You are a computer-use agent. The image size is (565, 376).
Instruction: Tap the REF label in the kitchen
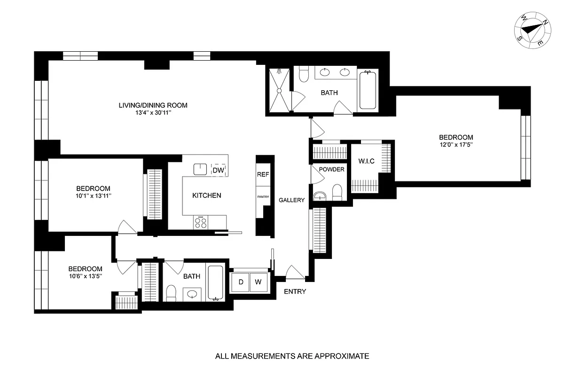[263, 174]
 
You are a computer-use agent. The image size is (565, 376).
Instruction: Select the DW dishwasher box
[218, 170]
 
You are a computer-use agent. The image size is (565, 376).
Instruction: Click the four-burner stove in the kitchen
[201, 222]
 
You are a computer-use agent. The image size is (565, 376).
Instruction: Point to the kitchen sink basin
[200, 169]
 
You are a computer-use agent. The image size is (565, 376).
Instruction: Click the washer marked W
[258, 282]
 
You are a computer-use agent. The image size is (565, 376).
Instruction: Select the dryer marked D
[241, 282]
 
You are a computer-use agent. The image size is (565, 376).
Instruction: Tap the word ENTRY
[295, 291]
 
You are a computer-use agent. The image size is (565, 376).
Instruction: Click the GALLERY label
[291, 200]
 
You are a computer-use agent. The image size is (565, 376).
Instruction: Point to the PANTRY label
[263, 197]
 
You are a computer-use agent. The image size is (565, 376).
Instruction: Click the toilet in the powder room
[337, 192]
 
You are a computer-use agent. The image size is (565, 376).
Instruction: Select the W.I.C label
[366, 162]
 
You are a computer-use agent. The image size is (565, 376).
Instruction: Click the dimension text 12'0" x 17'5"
[454, 145]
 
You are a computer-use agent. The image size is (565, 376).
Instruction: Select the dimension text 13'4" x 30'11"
[153, 113]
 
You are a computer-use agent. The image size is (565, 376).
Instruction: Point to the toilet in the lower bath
[171, 293]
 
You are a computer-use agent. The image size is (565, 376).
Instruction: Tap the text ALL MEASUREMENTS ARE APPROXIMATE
[292, 356]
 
